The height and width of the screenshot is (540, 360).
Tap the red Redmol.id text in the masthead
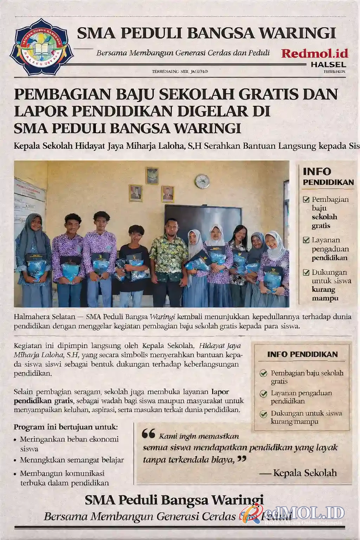pyautogui.click(x=315, y=53)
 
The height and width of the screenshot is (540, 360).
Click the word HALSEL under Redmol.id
pyautogui.click(x=328, y=65)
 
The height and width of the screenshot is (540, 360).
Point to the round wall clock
pyautogui.click(x=202, y=181)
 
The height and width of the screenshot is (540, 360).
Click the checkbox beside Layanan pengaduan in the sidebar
pyautogui.click(x=306, y=240)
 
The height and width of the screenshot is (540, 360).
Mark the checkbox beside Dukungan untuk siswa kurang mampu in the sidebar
pyautogui.click(x=306, y=272)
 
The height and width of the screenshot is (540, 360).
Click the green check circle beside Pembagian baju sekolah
pyautogui.click(x=263, y=373)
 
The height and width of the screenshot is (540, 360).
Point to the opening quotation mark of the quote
pyautogui.click(x=148, y=434)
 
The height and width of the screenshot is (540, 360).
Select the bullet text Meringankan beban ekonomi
pyautogui.click(x=69, y=439)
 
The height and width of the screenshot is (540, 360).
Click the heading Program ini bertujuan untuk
pyautogui.click(x=66, y=427)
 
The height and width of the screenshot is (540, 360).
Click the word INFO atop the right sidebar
pyautogui.click(x=317, y=172)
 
